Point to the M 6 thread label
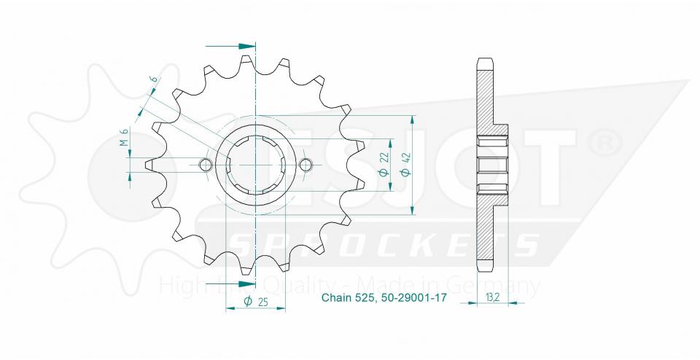pyautogui.click(x=125, y=137)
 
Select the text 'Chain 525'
pyautogui.click(x=349, y=298)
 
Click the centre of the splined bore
pyautogui.click(x=256, y=165)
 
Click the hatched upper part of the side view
pyautogui.click(x=486, y=95)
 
